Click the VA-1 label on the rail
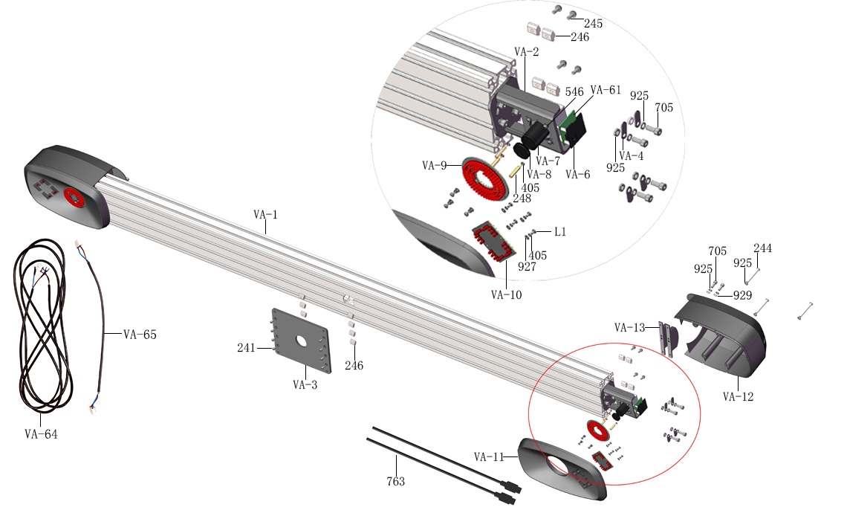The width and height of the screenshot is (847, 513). (265, 214)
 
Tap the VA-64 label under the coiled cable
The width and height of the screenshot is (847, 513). (41, 434)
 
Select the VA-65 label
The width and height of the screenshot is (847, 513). (140, 335)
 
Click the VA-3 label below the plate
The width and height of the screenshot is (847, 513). (305, 384)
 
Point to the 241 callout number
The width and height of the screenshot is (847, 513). (247, 348)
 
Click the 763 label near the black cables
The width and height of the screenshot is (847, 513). (396, 482)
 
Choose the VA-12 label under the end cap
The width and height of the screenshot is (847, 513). (738, 396)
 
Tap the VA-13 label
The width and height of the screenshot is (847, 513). (630, 327)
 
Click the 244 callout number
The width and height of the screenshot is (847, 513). (763, 248)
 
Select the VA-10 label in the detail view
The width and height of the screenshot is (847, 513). (506, 294)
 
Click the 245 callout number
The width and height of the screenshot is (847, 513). (593, 24)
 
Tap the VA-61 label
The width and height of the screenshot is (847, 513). (606, 90)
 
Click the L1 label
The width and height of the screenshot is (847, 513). (560, 232)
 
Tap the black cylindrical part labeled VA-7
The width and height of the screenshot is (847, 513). (535, 135)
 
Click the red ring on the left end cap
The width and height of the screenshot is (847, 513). (74, 196)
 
